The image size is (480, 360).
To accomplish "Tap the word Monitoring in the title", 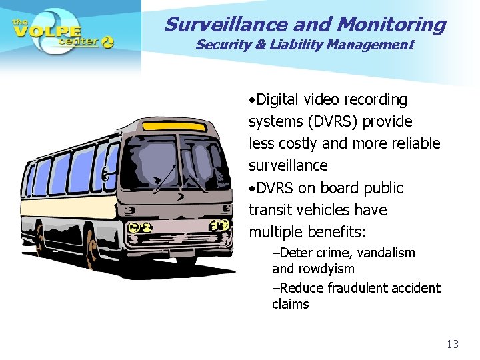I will click(391, 24).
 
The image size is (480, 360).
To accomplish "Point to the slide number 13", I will click(453, 344).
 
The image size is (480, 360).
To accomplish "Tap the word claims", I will click(291, 304).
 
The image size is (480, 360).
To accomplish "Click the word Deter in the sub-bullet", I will click(290, 253).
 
